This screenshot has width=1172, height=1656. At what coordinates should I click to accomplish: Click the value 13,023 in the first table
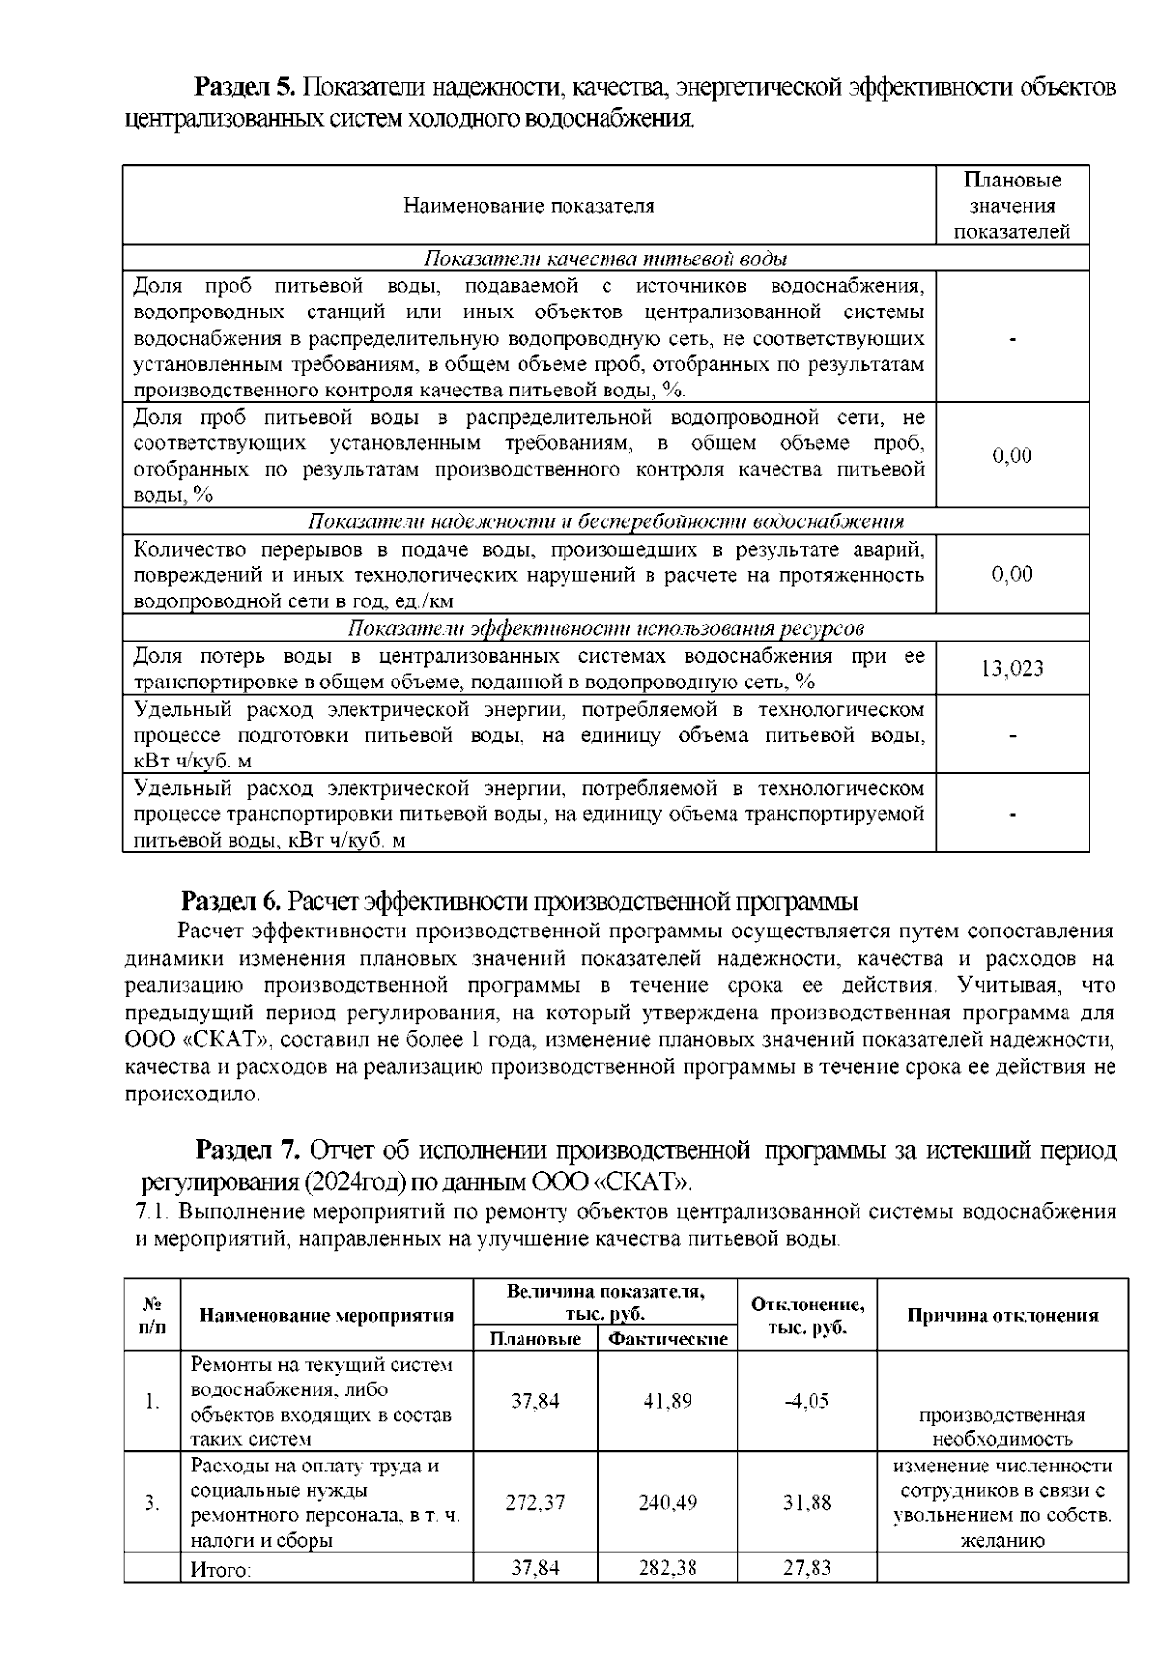[1012, 668]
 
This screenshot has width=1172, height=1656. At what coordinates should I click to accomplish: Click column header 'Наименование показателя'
[528, 206]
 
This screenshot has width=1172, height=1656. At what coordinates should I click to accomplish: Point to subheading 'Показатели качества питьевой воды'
[606, 259]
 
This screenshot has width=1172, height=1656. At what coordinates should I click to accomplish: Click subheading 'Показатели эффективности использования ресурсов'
[606, 628]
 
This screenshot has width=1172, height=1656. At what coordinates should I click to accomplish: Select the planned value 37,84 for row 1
[534, 1401]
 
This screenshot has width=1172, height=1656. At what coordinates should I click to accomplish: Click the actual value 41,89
[667, 1401]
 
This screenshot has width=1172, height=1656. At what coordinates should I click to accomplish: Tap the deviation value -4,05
[807, 1401]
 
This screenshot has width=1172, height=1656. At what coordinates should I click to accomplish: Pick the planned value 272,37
[534, 1503]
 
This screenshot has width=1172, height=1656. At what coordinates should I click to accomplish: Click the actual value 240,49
[667, 1503]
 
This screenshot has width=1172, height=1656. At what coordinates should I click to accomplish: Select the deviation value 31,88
[807, 1503]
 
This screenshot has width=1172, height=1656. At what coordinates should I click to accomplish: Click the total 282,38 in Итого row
[667, 1568]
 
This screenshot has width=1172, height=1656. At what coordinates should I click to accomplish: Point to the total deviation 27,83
[807, 1568]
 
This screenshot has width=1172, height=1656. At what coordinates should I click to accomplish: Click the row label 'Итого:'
[221, 1570]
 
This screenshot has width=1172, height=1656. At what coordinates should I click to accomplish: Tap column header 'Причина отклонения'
[1002, 1315]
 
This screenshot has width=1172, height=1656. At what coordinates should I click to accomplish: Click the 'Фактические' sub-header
[667, 1339]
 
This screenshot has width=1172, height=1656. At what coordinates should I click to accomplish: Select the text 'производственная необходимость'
[1002, 1427]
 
